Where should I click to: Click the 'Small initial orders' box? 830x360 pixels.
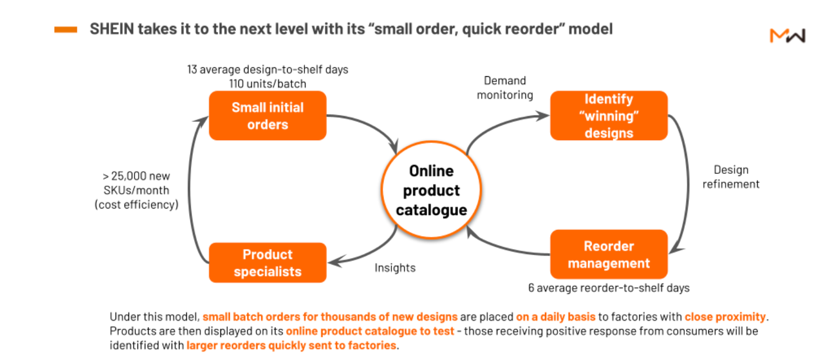pyautogui.click(x=268, y=116)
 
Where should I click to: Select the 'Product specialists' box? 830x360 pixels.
pyautogui.click(x=268, y=262)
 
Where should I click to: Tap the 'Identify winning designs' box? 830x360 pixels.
pyautogui.click(x=608, y=116)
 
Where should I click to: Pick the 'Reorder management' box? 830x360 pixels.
pyautogui.click(x=608, y=254)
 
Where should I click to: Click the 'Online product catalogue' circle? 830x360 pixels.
pyautogui.click(x=431, y=190)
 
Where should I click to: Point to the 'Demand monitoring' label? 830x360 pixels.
pyautogui.click(x=505, y=88)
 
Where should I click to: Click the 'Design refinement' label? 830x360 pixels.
pyautogui.click(x=731, y=177)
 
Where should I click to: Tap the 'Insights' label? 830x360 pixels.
pyautogui.click(x=395, y=268)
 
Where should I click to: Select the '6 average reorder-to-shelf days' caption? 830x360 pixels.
pyautogui.click(x=608, y=288)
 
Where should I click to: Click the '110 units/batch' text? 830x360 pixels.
pyautogui.click(x=268, y=84)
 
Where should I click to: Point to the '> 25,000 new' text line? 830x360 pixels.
pyautogui.click(x=136, y=176)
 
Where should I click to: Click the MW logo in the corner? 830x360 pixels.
pyautogui.click(x=787, y=36)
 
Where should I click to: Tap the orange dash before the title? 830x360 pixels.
pyautogui.click(x=66, y=30)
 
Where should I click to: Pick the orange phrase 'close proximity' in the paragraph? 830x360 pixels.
pyautogui.click(x=725, y=317)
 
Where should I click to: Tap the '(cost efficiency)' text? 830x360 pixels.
pyautogui.click(x=136, y=205)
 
